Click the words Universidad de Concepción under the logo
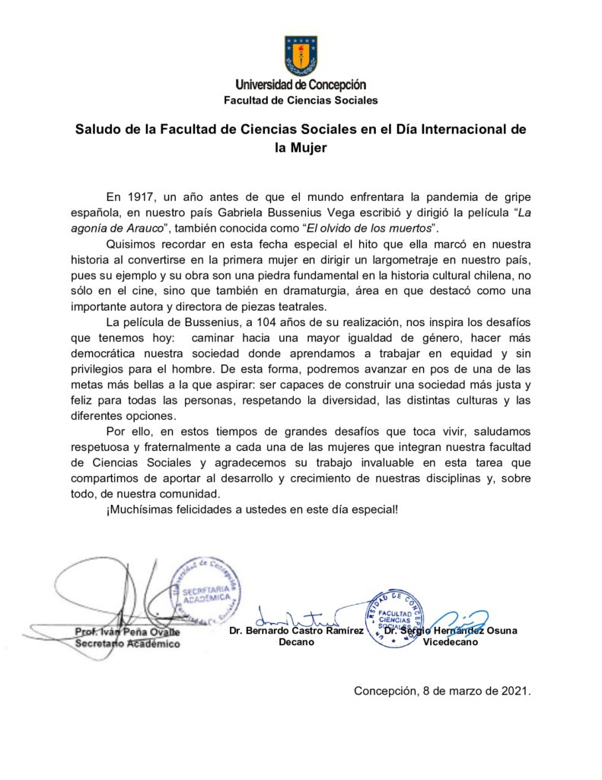(301, 85)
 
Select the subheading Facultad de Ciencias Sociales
(301, 100)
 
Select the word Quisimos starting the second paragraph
(131, 245)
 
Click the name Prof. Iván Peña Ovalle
(127, 631)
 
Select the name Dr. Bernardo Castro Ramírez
(296, 630)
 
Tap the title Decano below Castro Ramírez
(297, 642)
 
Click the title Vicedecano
(451, 643)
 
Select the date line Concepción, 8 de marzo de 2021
(441, 691)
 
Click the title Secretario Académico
(127, 644)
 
